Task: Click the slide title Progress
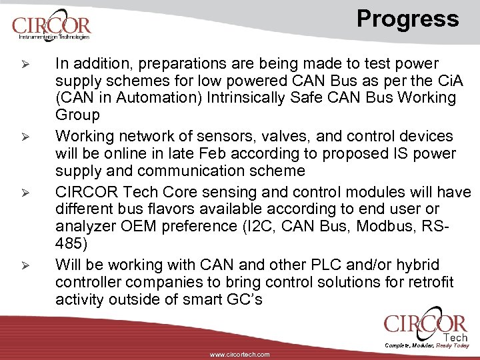pos(407,19)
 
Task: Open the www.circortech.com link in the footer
pos(240,355)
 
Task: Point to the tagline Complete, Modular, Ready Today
pos(427,345)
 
